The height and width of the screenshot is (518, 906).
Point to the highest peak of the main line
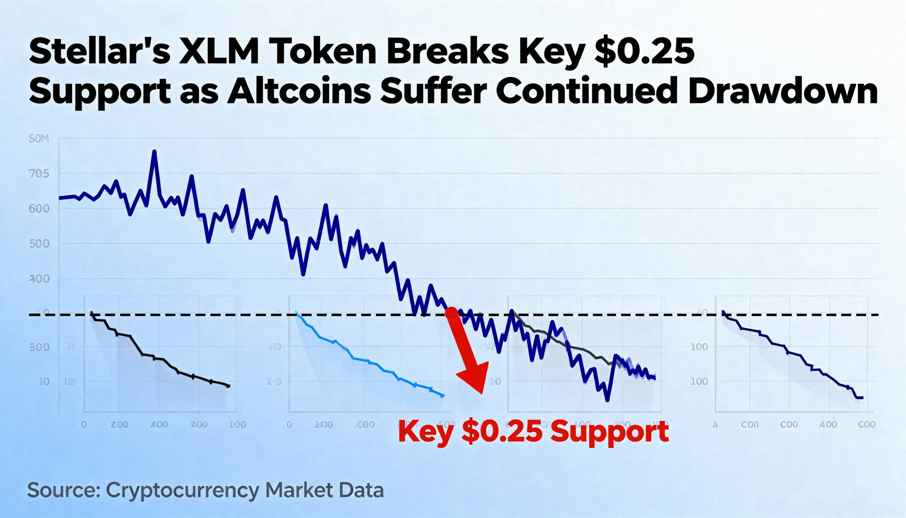pos(154,152)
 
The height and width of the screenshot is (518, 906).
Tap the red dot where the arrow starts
pos(452,313)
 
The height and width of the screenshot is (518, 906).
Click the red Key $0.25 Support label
pos(533,432)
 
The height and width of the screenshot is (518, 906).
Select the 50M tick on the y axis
pos(38,139)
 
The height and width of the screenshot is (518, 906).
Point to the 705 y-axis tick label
pos(39,174)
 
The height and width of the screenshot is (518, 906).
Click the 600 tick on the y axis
pos(39,209)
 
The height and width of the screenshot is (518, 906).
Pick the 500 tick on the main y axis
pos(39,244)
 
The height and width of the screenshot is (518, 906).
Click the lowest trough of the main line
pos(607,400)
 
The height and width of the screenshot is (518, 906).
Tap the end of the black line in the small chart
pos(228,386)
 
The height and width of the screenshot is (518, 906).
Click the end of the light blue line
pos(443,395)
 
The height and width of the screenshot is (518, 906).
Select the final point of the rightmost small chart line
pos(861,398)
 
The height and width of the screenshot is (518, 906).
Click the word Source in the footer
pos(63,490)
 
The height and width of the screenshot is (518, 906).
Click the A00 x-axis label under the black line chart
pos(159,425)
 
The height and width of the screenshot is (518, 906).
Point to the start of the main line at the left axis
pos(60,198)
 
